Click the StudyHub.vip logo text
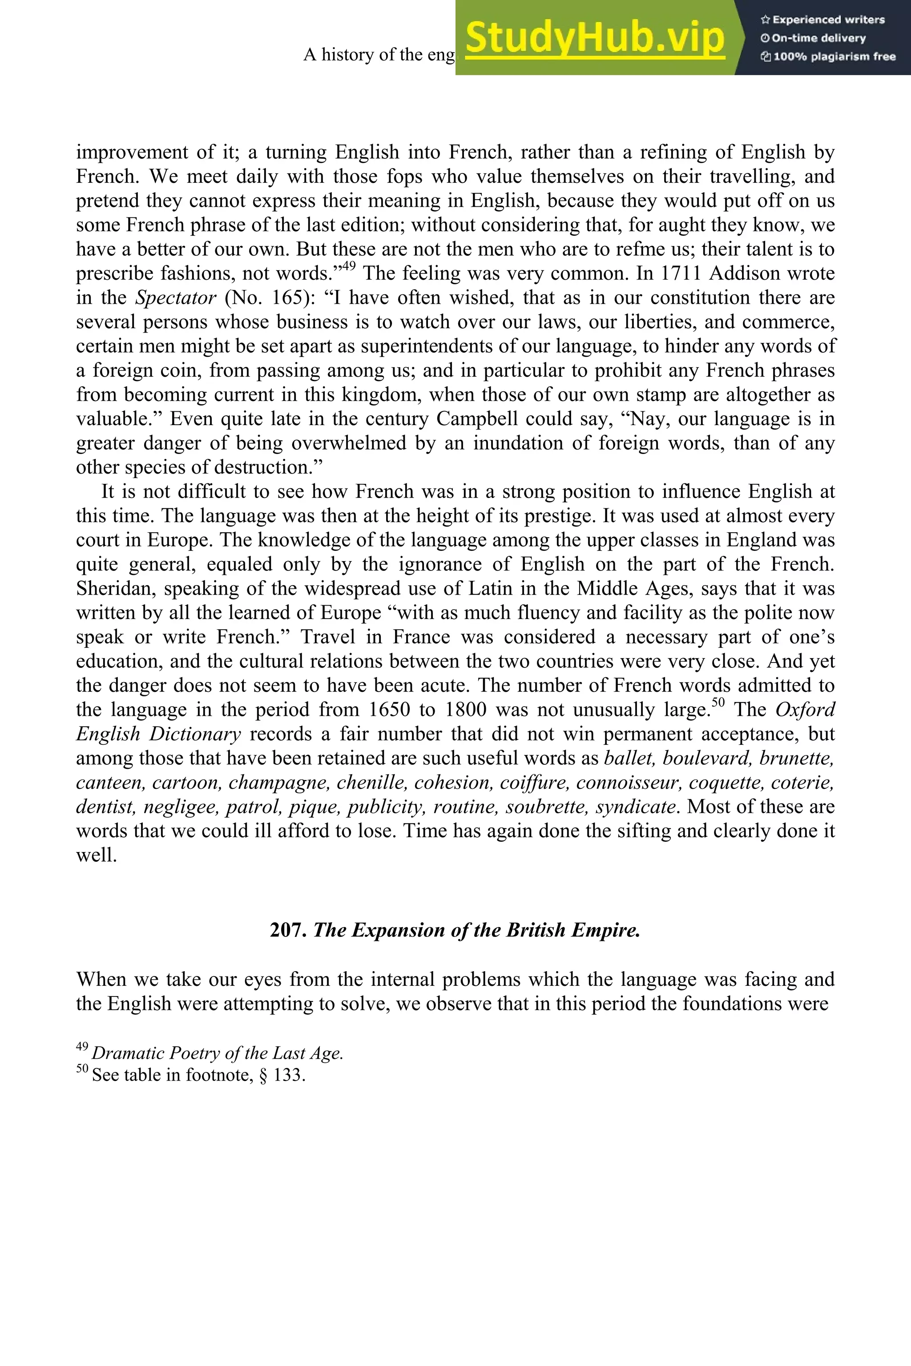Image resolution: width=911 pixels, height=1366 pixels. (x=595, y=37)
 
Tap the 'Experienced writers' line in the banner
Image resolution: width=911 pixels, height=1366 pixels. (x=822, y=20)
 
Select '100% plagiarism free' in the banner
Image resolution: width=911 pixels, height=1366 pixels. (x=829, y=57)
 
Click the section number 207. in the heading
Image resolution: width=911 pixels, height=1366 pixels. (x=288, y=930)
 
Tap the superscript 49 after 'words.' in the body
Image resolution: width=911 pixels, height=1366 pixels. (x=349, y=267)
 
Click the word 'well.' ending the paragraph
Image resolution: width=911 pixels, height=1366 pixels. (x=97, y=855)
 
